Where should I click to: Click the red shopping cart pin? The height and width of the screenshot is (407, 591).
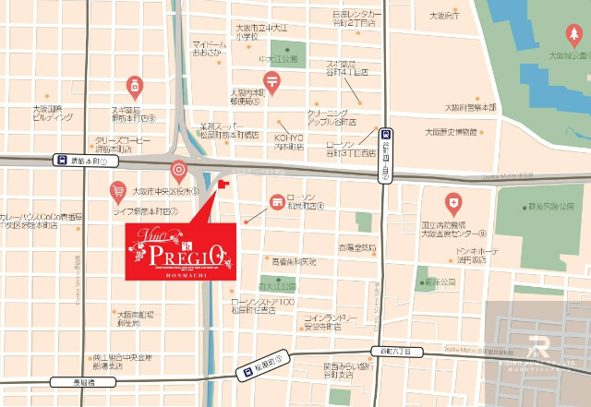(117, 192)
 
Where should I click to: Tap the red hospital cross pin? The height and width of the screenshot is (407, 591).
(452, 201)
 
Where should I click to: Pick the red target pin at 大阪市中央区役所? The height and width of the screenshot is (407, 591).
(178, 171)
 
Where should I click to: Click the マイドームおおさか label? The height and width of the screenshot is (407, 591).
(211, 48)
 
